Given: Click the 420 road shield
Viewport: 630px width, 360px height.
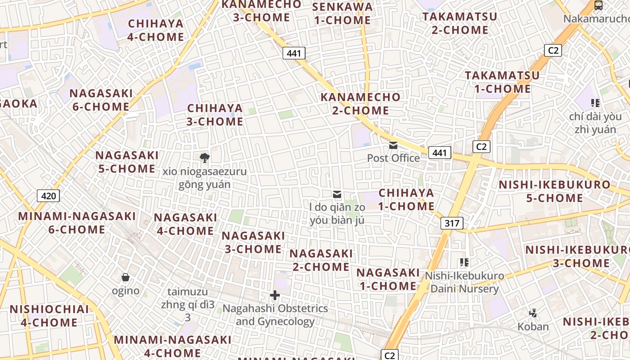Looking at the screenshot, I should click(48, 196).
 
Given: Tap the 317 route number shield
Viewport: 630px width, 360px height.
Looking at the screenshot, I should click(452, 223).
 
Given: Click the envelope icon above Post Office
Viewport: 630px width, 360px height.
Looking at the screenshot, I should click(393, 145).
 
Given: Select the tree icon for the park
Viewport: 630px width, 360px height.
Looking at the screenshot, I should click(205, 157).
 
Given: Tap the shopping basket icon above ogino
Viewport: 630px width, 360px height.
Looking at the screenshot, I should click(126, 277).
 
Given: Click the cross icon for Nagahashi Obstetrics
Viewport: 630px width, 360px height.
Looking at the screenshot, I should click(274, 296).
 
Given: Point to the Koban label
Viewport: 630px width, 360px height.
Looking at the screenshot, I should click(533, 327).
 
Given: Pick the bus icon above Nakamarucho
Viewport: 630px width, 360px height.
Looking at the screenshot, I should click(598, 6).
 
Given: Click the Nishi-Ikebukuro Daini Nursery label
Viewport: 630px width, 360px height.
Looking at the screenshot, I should click(464, 282).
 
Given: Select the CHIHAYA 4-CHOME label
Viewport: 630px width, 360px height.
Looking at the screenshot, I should click(156, 30).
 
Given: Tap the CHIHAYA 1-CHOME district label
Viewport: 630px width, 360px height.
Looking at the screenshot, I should click(406, 199).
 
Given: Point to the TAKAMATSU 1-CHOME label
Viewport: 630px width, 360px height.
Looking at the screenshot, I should click(502, 82).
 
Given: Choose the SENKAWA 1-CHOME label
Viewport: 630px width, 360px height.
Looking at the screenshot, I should click(342, 13).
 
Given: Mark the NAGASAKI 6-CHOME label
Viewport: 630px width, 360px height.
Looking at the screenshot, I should click(101, 100).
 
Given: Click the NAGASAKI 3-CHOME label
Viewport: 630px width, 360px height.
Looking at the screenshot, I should click(253, 242).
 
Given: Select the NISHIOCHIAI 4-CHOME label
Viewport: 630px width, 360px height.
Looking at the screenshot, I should click(49, 315).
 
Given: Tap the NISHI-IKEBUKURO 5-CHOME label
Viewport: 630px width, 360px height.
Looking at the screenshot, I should click(554, 191).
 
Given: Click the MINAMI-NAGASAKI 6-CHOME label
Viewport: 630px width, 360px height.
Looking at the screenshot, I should click(76, 222).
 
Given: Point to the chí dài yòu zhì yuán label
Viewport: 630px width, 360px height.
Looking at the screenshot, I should click(595, 123).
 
